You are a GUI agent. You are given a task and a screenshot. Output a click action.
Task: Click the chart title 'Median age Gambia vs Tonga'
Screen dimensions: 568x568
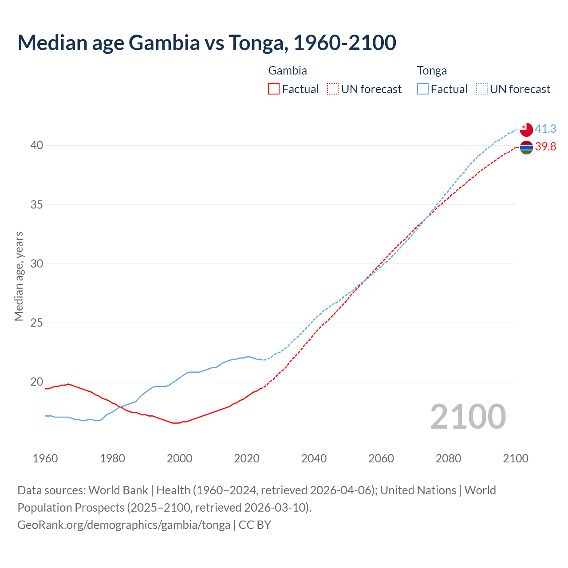point(206,43)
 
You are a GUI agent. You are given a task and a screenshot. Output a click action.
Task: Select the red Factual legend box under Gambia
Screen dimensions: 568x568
point(274,89)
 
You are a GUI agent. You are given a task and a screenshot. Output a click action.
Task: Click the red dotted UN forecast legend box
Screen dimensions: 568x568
point(333,89)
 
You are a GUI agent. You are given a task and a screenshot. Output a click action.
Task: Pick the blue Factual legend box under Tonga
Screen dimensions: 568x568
point(423,89)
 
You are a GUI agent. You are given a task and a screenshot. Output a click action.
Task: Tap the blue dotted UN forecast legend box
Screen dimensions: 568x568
point(482,89)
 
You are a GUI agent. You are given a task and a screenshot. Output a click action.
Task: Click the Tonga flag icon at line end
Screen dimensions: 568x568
point(526,130)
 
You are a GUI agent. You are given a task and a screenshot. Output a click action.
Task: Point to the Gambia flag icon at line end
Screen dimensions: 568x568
point(526,147)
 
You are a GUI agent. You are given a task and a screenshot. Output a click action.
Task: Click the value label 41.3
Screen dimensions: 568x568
point(545,129)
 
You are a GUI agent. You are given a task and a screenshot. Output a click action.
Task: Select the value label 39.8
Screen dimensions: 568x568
point(545,146)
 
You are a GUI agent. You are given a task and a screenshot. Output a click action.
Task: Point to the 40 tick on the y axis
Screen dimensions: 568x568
point(37,146)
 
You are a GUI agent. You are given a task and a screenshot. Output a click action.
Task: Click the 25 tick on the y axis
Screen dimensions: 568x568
point(37,323)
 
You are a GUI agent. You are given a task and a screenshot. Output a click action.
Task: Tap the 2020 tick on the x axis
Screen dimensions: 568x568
point(247,458)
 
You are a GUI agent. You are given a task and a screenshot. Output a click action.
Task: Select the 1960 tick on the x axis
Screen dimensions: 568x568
point(45,458)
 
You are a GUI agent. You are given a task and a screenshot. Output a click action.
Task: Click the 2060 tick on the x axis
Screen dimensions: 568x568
point(381,458)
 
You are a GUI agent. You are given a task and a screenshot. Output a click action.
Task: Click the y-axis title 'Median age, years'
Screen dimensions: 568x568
point(19,276)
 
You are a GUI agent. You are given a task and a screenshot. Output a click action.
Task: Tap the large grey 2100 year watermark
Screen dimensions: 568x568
point(468,417)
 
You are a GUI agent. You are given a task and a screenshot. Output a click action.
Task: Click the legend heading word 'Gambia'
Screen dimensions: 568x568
point(288,71)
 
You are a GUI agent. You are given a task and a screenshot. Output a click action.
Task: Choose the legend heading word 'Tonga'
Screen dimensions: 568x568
point(432,71)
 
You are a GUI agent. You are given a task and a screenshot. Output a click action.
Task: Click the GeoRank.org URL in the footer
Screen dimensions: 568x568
point(124,525)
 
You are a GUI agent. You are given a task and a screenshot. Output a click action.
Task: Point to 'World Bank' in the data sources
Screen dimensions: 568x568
point(118,490)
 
